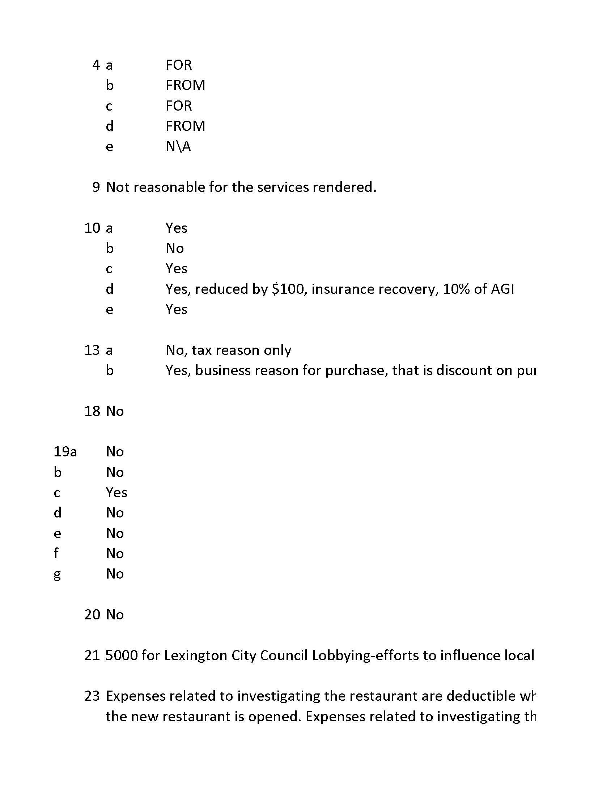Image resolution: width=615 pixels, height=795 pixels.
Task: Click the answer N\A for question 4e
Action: click(178, 146)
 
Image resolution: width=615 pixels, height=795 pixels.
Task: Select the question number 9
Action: click(96, 187)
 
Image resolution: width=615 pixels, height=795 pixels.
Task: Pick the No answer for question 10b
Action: click(174, 248)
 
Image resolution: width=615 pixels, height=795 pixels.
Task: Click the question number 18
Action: click(92, 411)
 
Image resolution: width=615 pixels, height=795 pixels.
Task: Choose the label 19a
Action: click(65, 452)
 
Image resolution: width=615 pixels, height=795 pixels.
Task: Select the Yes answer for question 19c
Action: click(116, 493)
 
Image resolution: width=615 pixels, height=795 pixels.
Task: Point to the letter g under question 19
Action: click(57, 575)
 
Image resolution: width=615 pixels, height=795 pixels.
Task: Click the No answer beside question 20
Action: click(115, 615)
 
